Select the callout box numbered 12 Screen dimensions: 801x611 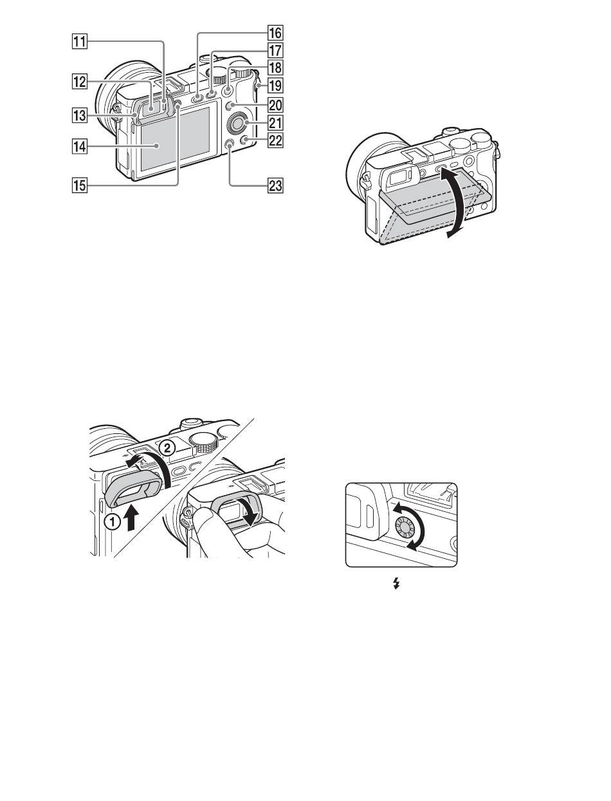pyautogui.click(x=80, y=81)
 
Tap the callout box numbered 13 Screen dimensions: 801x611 pyautogui.click(x=80, y=115)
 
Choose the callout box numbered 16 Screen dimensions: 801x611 pyautogui.click(x=275, y=32)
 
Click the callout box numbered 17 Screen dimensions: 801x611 pyautogui.click(x=275, y=50)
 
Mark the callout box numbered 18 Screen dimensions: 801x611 pyautogui.click(x=275, y=68)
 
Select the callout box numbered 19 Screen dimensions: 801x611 pyautogui.click(x=275, y=86)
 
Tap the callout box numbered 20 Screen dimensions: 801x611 pyautogui.click(x=275, y=104)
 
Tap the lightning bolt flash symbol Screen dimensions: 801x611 pyautogui.click(x=396, y=585)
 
